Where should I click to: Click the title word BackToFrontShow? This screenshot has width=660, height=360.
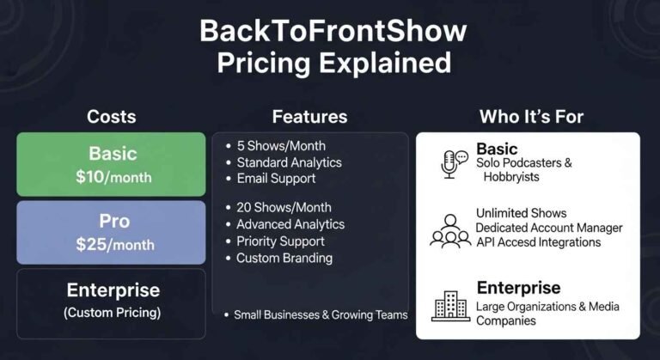click(333, 32)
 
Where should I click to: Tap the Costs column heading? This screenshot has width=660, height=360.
click(112, 117)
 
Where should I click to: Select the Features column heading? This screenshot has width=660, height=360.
click(309, 117)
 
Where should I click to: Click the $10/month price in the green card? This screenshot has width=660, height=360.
click(112, 178)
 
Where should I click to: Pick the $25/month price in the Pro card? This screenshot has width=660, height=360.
click(112, 244)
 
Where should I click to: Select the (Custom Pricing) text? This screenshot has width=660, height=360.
click(112, 313)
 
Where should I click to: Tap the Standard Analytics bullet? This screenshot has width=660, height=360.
click(289, 162)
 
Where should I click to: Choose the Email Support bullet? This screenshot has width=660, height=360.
click(276, 179)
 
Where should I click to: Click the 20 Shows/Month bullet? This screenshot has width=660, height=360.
click(284, 207)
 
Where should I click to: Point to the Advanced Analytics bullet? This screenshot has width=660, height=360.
click(290, 224)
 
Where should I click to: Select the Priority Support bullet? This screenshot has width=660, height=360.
click(280, 241)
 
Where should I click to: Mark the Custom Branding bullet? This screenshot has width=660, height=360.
click(284, 258)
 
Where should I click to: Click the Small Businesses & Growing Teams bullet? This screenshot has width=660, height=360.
click(321, 314)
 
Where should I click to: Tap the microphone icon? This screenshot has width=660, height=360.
click(450, 164)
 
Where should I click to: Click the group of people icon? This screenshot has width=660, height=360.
click(450, 229)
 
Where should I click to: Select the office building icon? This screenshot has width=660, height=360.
click(450, 305)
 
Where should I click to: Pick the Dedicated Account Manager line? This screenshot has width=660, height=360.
click(549, 229)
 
